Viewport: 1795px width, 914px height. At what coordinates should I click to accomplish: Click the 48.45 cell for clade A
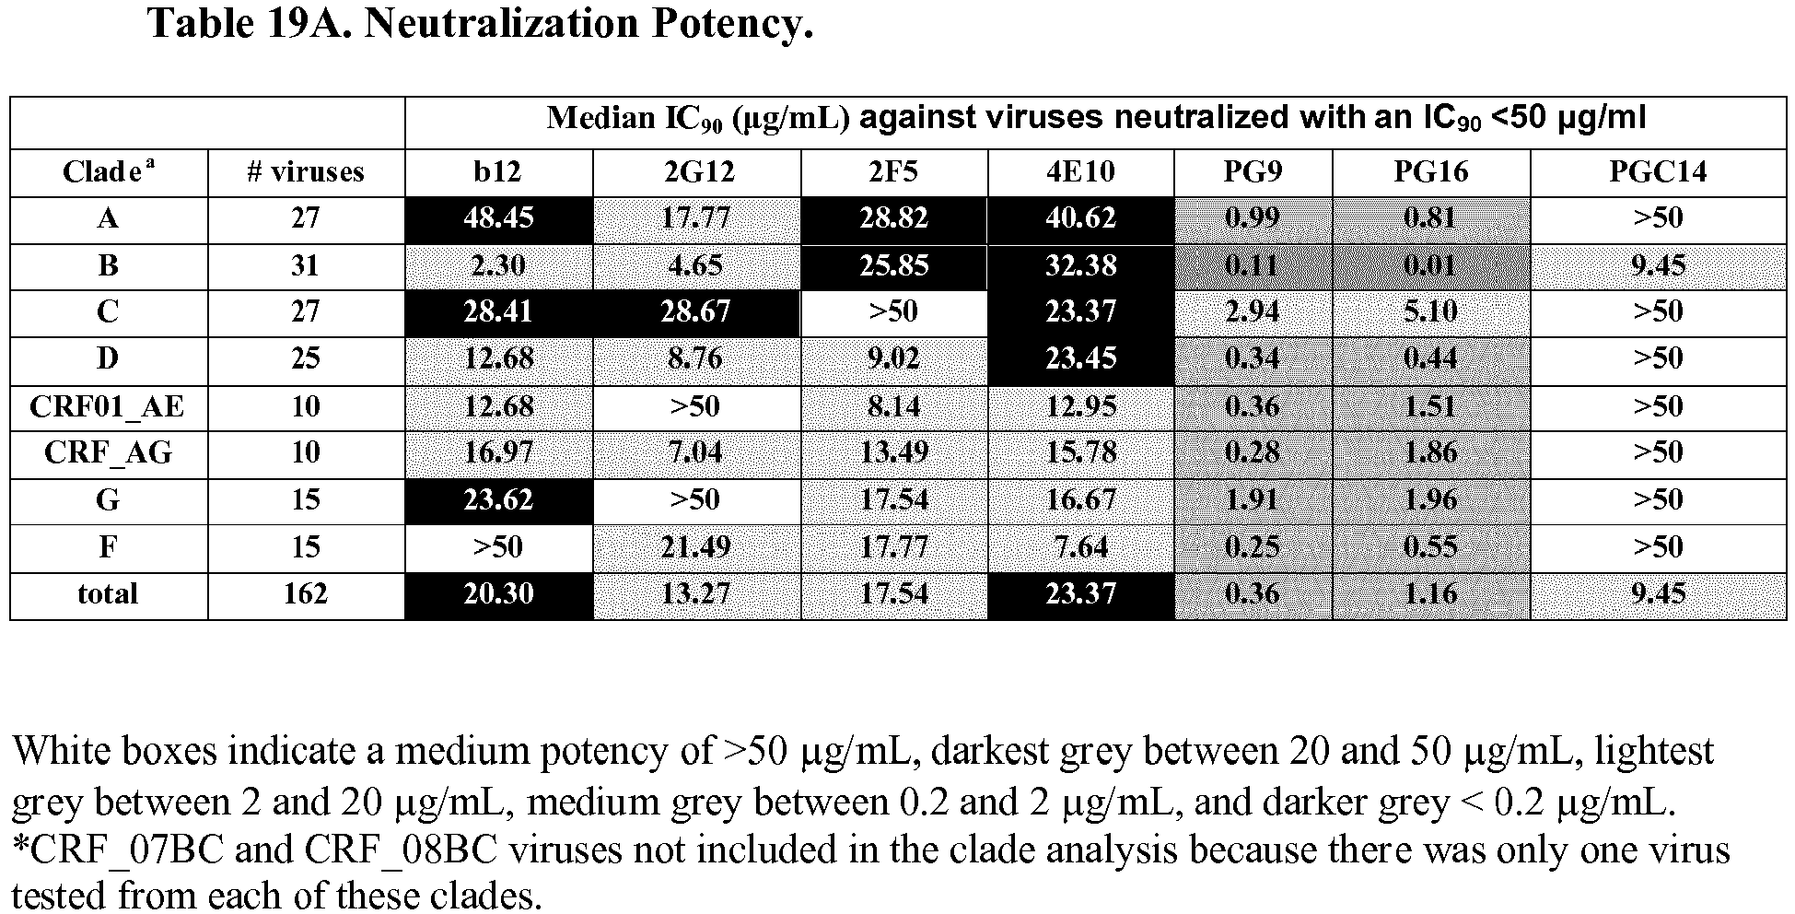[498, 218]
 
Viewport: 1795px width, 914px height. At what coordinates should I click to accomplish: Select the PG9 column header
[1253, 171]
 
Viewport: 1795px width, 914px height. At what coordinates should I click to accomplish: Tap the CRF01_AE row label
[108, 406]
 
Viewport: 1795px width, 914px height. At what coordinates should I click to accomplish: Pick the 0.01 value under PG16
[1430, 266]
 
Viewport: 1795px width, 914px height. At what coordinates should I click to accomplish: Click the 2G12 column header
[695, 171]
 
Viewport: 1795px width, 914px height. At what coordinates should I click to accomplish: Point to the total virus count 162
[306, 593]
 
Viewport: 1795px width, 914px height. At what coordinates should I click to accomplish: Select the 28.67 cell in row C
[695, 311]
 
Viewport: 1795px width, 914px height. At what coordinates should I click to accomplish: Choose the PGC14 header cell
[1658, 171]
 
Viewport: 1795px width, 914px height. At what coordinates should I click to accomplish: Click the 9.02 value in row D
[893, 358]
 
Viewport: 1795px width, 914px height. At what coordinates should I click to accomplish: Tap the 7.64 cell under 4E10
[1080, 547]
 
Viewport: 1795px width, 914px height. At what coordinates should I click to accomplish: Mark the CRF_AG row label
[108, 453]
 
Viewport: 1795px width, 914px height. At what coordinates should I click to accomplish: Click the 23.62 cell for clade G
[498, 500]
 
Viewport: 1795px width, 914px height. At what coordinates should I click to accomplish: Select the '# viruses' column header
[306, 171]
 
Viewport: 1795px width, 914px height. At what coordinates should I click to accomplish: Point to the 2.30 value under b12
[498, 266]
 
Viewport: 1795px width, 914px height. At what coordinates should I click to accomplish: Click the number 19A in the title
[311, 23]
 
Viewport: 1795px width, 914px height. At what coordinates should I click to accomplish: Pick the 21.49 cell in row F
[695, 547]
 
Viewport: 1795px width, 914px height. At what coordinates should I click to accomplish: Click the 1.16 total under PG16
[1430, 593]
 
